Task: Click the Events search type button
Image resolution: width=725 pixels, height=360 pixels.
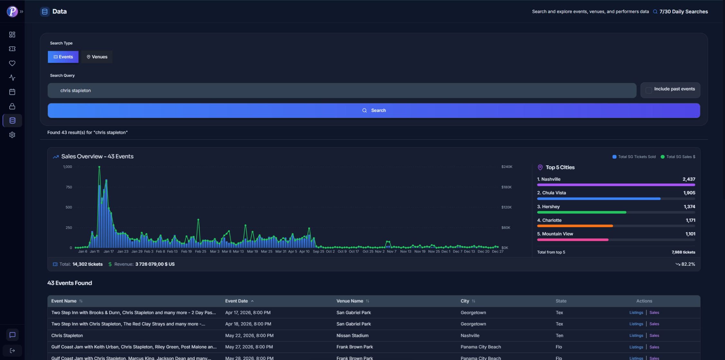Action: click(x=63, y=57)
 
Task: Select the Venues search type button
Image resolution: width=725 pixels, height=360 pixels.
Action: click(x=97, y=57)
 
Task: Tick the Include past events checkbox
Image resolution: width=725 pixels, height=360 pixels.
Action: click(x=649, y=90)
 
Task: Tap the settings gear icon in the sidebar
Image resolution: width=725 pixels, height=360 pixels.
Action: click(x=12, y=135)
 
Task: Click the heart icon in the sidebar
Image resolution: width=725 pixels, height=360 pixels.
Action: click(x=12, y=63)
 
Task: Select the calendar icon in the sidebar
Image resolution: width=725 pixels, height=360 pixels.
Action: click(x=12, y=92)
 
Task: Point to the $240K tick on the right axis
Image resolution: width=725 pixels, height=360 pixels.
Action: click(x=507, y=167)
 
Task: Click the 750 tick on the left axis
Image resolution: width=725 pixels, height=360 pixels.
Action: click(x=69, y=187)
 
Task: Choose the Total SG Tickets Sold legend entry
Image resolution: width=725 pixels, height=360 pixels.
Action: click(x=634, y=157)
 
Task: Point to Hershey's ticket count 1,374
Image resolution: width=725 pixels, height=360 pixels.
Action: click(x=689, y=207)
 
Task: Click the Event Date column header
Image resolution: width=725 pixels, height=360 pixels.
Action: click(x=237, y=301)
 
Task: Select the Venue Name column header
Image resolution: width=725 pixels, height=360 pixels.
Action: click(x=349, y=301)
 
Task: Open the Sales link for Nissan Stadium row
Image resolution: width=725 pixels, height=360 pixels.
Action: click(x=654, y=336)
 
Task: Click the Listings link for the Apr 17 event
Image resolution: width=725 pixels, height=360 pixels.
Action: click(x=636, y=313)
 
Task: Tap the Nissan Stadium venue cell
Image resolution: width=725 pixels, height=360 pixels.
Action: click(x=352, y=336)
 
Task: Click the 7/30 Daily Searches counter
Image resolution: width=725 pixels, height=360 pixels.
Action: click(x=683, y=12)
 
